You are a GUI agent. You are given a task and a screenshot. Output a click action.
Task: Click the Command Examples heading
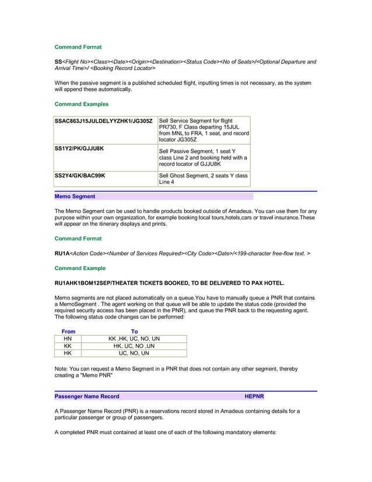click(x=81, y=104)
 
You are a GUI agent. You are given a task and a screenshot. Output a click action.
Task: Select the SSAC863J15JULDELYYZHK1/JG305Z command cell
click(x=103, y=121)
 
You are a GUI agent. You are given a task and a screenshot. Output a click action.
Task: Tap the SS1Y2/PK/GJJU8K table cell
click(x=79, y=149)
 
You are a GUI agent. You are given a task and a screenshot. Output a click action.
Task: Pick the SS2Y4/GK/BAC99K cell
click(x=80, y=176)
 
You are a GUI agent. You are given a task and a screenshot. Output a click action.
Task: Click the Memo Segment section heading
click(x=75, y=197)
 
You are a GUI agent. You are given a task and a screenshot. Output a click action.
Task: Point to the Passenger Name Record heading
click(x=87, y=397)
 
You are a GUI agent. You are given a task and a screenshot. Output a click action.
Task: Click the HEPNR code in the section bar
click(x=254, y=397)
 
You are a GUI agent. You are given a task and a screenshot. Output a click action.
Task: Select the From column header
click(x=68, y=331)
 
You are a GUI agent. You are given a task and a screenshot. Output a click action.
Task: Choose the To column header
click(x=135, y=331)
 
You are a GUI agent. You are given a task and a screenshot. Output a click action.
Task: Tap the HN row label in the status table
click(x=68, y=338)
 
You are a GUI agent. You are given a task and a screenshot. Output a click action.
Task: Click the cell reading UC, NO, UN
click(x=134, y=353)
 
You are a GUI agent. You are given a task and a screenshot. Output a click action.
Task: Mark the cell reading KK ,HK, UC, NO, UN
click(x=134, y=338)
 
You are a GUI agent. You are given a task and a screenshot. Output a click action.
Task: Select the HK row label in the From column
click(x=68, y=353)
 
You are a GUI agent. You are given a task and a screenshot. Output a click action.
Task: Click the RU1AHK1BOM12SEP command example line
click(x=169, y=284)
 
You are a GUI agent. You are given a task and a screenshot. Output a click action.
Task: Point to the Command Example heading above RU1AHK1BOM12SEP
click(x=80, y=268)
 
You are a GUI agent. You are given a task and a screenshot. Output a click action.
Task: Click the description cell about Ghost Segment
click(x=203, y=179)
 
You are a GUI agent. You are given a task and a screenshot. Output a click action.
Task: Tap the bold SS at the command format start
click(x=58, y=62)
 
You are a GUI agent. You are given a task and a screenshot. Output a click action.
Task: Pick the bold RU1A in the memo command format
click(x=62, y=254)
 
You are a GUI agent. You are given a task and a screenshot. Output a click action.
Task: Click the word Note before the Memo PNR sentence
click(x=61, y=369)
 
